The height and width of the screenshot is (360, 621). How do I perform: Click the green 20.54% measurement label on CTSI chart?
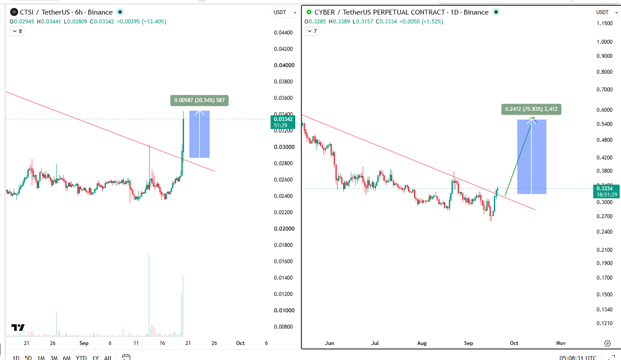pos(199,100)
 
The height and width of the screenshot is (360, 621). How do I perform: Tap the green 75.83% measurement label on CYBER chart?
pos(531,109)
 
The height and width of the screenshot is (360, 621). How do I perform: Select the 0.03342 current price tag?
pos(283,122)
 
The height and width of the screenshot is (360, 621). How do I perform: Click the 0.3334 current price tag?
pos(606,191)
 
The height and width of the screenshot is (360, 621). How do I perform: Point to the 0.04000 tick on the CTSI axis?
pos(284,65)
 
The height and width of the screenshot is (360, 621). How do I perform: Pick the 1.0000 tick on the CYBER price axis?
pos(604,42)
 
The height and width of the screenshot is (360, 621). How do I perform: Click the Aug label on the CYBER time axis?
pos(422,343)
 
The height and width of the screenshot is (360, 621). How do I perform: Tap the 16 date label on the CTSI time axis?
pos(162,343)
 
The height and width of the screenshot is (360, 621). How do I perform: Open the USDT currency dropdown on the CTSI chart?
pos(285,12)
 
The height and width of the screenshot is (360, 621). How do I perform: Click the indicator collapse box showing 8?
pos(17,31)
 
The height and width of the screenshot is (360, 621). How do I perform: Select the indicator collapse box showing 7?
pos(312,31)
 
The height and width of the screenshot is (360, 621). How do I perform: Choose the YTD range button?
pos(81,357)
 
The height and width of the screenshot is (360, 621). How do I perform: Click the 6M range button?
pos(67,357)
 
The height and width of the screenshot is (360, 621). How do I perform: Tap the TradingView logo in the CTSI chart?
pos(18,328)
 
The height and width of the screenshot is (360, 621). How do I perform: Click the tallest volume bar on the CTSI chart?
pos(149,296)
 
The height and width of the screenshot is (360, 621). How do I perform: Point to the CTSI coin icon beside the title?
pos(14,12)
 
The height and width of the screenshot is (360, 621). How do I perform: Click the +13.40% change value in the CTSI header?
pos(154,22)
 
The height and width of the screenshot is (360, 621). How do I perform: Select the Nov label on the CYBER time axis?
pos(561,343)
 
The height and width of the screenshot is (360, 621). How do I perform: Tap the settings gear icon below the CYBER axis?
pos(607,343)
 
